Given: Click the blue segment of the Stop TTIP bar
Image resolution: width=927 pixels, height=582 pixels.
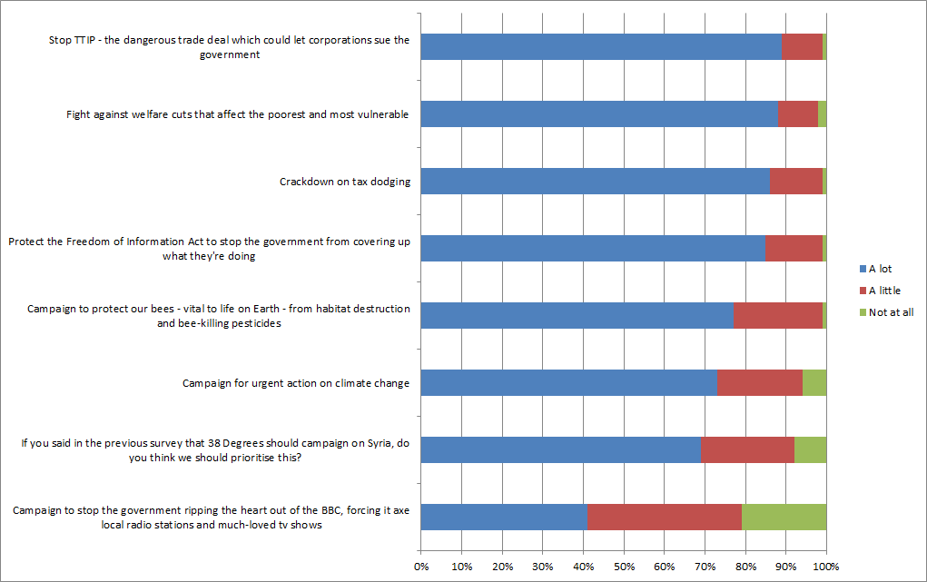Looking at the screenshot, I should (601, 47).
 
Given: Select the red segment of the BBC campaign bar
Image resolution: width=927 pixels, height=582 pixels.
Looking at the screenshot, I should (665, 517).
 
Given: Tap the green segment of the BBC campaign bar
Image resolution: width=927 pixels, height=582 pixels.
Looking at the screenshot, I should (784, 517).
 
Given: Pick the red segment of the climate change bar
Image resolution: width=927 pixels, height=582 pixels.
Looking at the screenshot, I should (759, 383).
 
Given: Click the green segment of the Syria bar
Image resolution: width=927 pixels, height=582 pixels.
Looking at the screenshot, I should (810, 450).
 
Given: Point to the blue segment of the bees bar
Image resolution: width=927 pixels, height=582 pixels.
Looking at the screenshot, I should (577, 316).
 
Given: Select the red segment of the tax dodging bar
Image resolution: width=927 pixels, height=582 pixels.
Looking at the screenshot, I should (795, 182).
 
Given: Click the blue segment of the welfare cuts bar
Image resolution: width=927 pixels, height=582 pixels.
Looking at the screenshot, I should (599, 114).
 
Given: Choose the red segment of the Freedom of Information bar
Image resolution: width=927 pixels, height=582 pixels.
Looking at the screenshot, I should (794, 249).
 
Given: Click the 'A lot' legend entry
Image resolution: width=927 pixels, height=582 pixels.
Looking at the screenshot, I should (873, 269).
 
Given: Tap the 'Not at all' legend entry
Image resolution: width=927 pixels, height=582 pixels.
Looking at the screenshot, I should (884, 312).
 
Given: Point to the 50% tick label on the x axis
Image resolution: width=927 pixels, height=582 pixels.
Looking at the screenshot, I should (624, 567).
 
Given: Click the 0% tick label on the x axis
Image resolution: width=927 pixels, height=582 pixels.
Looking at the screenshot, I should (421, 567).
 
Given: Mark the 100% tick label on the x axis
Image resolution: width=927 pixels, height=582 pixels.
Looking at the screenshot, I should (825, 567).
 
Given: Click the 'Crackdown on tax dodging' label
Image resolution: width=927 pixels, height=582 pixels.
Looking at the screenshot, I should (345, 182).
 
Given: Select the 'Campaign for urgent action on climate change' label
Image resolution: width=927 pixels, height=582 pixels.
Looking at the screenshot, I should (296, 383).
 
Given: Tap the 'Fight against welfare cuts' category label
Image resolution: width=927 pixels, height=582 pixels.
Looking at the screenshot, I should (237, 114).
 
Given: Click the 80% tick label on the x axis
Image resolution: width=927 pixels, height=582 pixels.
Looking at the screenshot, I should (745, 567).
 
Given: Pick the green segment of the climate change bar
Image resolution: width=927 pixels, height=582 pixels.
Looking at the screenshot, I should (814, 383).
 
